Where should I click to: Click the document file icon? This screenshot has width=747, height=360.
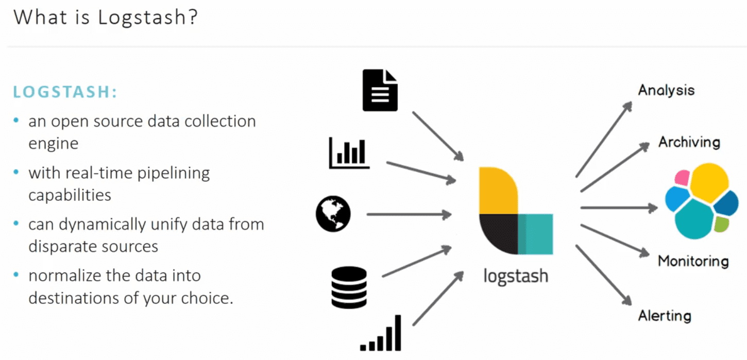pos(380,91)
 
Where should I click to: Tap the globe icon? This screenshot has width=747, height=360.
pos(333,214)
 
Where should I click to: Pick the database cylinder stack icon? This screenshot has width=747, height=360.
pos(349,287)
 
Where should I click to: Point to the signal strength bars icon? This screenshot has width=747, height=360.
pos(381,333)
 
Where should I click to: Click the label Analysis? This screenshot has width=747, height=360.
pos(666,91)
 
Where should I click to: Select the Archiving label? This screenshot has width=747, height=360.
pos(689,142)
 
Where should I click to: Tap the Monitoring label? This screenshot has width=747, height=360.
pos(693,261)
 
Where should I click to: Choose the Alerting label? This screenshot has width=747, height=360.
pos(665,315)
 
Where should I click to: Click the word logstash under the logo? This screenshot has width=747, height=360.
pos(515,276)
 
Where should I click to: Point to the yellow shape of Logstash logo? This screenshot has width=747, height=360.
pos(497,191)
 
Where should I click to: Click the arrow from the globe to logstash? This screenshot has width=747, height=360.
pos(409,214)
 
